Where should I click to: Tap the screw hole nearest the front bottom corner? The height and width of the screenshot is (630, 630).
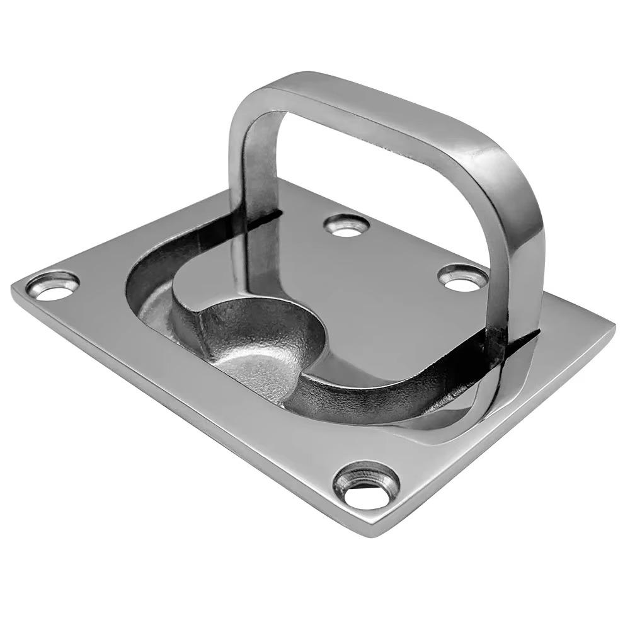(367, 486)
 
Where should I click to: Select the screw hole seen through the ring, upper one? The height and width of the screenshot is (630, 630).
(346, 225)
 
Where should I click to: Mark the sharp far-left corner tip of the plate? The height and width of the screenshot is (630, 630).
(14, 289)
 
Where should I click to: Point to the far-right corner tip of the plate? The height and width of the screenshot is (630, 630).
(613, 328)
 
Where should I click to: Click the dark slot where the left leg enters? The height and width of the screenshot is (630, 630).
(265, 217)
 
